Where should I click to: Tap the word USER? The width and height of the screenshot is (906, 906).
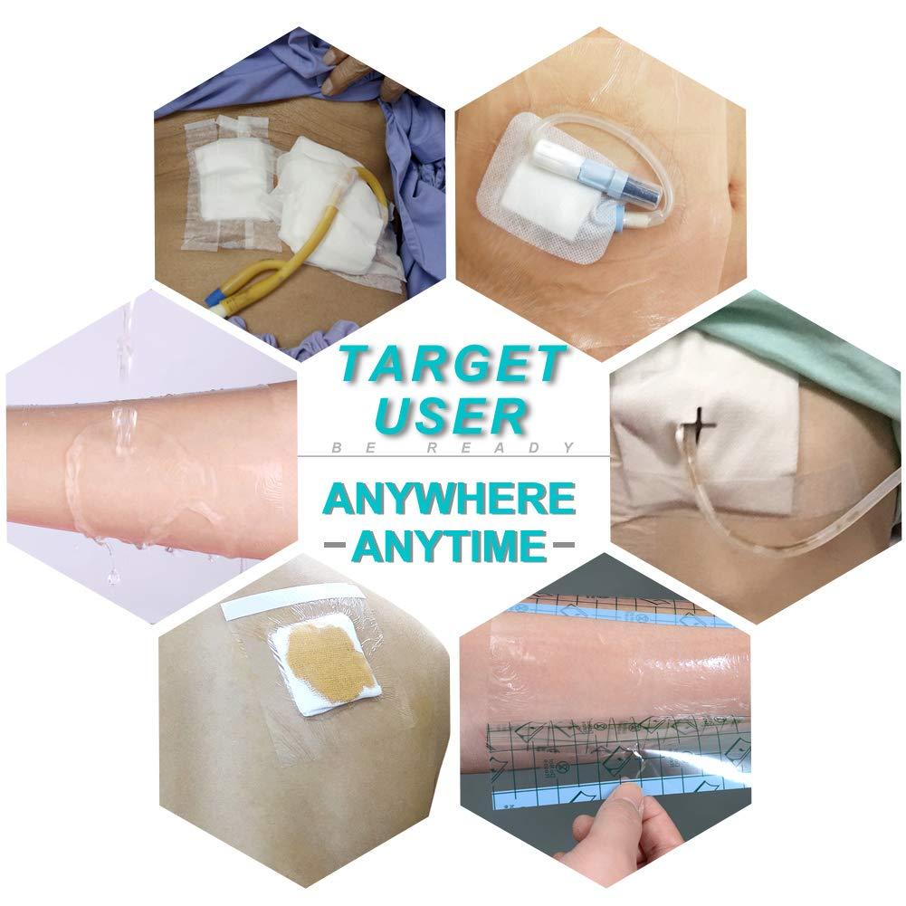pyautogui.click(x=451, y=415)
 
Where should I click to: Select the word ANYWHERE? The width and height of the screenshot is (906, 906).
pyautogui.click(x=451, y=499)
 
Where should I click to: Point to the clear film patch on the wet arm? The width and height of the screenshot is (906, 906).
pyautogui.click(x=145, y=471)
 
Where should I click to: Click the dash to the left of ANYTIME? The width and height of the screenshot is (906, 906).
pyautogui.click(x=337, y=547)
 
